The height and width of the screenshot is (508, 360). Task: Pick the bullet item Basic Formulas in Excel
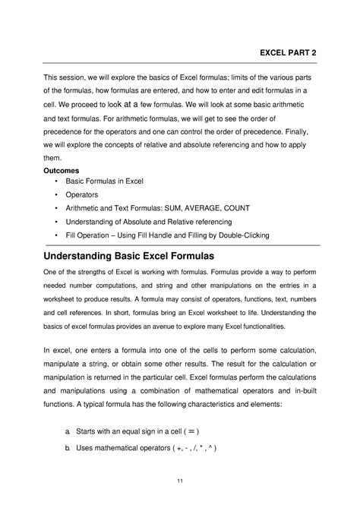coord(104,182)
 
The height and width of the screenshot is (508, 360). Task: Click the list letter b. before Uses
coord(67,448)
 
